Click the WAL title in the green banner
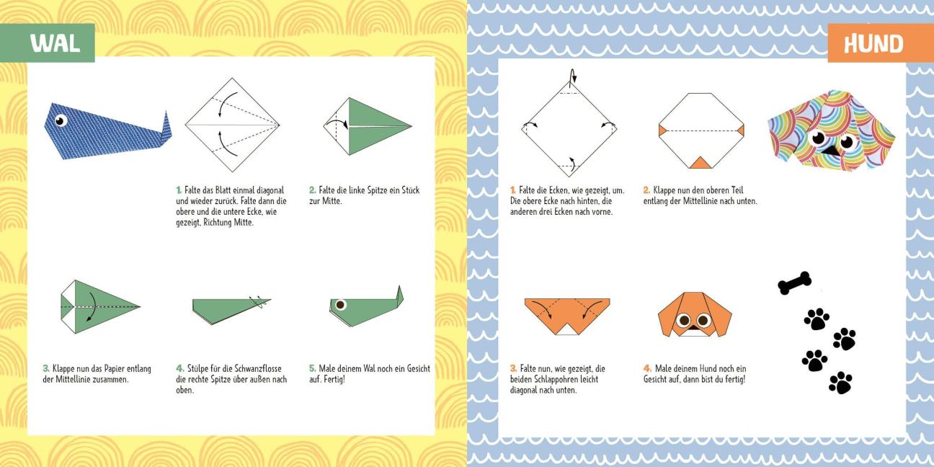(55, 43)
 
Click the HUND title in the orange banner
(873, 44)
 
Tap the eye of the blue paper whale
(61, 120)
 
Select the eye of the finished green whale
(341, 305)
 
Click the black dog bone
(794, 283)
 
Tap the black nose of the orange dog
(693, 328)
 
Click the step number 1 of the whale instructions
(179, 190)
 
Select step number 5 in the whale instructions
(312, 368)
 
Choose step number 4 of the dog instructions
(647, 368)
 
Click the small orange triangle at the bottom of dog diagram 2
(700, 163)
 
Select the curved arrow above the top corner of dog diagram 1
(572, 76)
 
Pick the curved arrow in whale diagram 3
(92, 307)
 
